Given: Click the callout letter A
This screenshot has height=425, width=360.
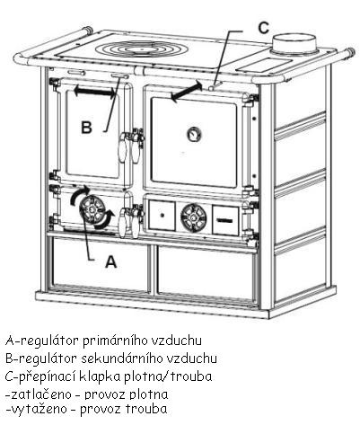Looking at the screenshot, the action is (x=110, y=261).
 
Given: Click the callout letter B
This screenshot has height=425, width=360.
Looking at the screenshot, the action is (x=86, y=128).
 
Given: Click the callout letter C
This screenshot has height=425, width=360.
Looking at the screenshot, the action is (x=263, y=28).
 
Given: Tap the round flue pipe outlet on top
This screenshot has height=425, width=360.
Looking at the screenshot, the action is (x=294, y=45).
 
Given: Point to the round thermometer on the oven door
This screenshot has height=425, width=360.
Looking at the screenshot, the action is (x=194, y=134).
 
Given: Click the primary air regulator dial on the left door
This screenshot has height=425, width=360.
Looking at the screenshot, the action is (x=92, y=209).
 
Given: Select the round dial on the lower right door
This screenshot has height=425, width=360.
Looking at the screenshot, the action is (x=193, y=217).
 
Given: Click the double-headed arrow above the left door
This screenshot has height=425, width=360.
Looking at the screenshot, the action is (x=94, y=91).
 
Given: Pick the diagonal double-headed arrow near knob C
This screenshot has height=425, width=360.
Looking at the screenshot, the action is (x=186, y=91).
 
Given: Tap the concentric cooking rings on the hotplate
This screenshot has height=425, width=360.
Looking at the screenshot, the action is (x=140, y=49).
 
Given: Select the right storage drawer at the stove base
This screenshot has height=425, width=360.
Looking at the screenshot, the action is (x=206, y=272).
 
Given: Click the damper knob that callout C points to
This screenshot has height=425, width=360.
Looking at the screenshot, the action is (x=212, y=87).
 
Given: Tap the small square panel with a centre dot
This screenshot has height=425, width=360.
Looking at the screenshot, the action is (x=162, y=216).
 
